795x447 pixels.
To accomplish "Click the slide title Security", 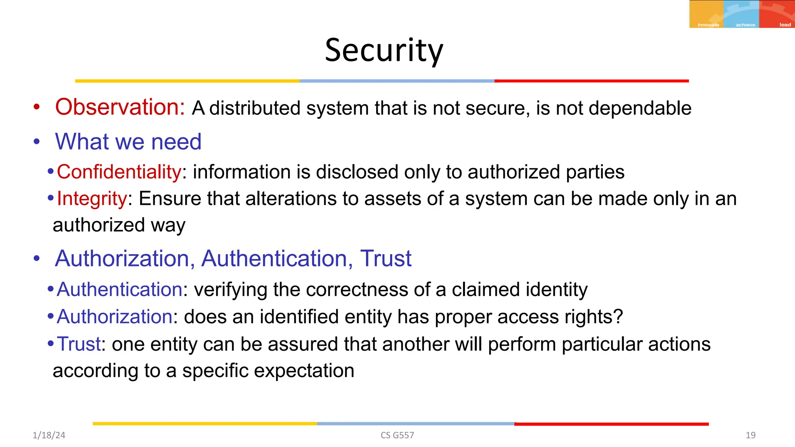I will click(x=384, y=50).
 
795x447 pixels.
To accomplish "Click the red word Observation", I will click(x=120, y=107).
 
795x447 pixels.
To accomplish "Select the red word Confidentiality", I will click(x=119, y=172).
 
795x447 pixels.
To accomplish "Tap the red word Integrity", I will click(x=92, y=199).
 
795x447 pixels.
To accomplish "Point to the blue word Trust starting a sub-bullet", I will click(x=79, y=344).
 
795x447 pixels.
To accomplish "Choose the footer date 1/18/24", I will click(x=49, y=435).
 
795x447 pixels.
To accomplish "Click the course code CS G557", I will click(x=397, y=435).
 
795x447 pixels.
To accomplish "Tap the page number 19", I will click(x=750, y=435).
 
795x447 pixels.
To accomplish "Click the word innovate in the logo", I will click(x=708, y=25).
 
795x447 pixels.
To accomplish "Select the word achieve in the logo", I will click(x=745, y=25).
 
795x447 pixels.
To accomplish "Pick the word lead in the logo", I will click(x=785, y=25).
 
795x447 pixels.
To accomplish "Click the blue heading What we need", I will click(x=128, y=142).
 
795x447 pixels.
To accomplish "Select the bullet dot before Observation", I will click(x=36, y=107).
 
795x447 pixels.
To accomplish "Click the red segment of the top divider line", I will click(x=591, y=81).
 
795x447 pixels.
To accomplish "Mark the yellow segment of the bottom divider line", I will click(x=205, y=424).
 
